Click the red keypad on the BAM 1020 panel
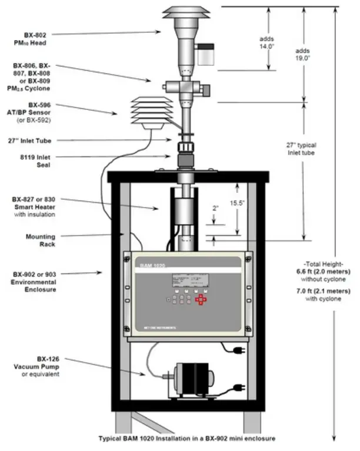202,300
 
